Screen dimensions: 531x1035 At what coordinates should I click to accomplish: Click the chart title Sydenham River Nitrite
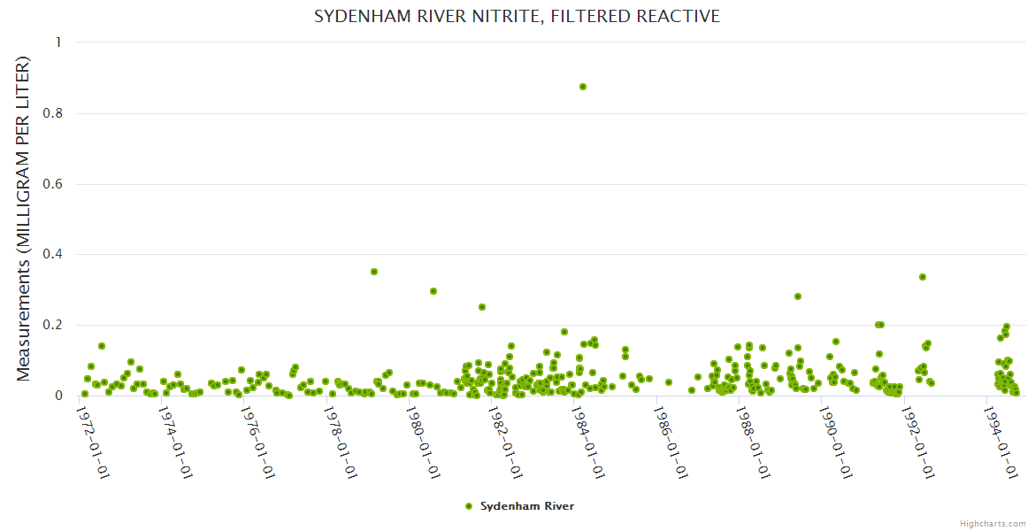(x=517, y=16)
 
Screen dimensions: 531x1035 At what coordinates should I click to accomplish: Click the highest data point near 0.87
(x=583, y=87)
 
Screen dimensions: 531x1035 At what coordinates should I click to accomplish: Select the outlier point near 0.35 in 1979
(x=374, y=272)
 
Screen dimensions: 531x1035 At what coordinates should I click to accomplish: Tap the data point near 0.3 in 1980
(x=433, y=291)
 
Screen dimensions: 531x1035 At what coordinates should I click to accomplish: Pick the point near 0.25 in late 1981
(x=482, y=307)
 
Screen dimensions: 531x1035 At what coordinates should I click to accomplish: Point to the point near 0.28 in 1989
(x=798, y=296)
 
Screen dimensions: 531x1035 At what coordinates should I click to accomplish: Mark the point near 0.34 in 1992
(x=923, y=277)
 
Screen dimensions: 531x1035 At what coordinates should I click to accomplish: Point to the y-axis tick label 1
(x=58, y=42)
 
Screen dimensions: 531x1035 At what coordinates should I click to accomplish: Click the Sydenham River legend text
(x=527, y=506)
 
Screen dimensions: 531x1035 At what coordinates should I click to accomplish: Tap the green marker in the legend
(x=469, y=506)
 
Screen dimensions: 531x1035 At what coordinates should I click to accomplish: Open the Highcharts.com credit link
(x=993, y=523)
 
